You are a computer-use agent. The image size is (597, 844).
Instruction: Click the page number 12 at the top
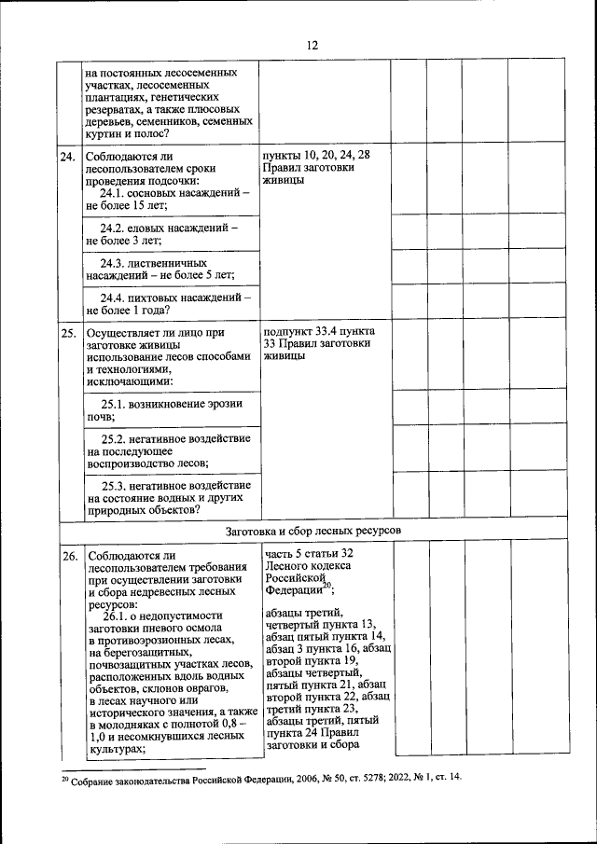click(x=312, y=45)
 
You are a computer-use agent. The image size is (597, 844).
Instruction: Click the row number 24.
click(x=67, y=157)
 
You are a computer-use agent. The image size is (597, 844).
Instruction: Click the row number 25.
click(x=67, y=332)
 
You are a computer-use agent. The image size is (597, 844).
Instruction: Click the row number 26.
click(x=67, y=558)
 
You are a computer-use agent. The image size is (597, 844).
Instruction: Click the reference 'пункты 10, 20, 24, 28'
click(x=317, y=154)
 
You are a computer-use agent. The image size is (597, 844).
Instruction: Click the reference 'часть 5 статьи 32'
click(x=309, y=553)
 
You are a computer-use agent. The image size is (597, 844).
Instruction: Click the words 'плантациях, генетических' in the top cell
click(x=152, y=96)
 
